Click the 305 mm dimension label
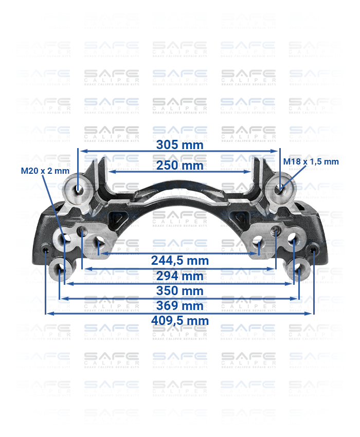point(179,145)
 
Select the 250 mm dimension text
point(179,166)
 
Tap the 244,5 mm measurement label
point(179,261)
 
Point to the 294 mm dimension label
point(179,276)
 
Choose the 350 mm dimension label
point(179,291)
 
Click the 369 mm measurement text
point(179,306)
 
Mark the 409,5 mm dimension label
point(179,321)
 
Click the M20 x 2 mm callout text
point(45,171)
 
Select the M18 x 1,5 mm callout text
point(311,161)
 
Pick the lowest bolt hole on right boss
point(298,268)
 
